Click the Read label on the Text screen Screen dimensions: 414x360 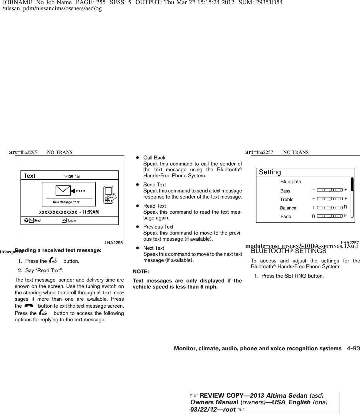click(37, 220)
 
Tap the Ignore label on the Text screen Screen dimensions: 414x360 click(72, 220)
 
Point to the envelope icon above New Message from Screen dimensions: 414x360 click(63, 191)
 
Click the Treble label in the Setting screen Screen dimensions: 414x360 click(287, 199)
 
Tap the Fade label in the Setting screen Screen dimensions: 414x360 click(286, 216)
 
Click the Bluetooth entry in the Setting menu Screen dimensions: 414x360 click(291, 182)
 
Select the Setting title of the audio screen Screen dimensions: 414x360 click(270, 172)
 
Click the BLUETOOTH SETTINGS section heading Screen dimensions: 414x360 click(288, 251)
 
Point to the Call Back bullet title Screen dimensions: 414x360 click(154, 158)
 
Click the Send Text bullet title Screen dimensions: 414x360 click(155, 185)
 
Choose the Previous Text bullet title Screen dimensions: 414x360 click(158, 227)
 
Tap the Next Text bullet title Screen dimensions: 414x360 click(154, 248)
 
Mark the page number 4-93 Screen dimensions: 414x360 click(353, 349)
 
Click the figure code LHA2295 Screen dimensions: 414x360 click(114, 242)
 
